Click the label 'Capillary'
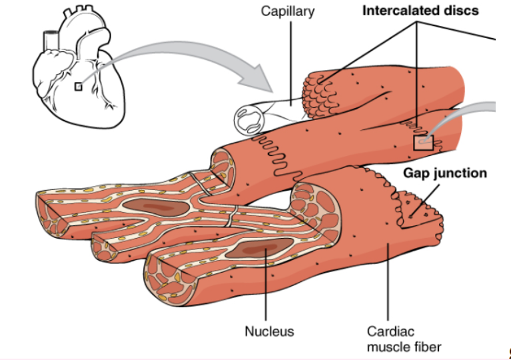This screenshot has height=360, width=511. pos(288,11)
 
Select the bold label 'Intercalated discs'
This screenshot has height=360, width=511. pos(420,11)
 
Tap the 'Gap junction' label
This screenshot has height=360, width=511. pos(444,173)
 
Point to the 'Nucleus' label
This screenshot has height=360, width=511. pos(268,331)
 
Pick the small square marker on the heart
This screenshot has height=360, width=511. pos(79,86)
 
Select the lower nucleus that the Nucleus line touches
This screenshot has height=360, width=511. pos(256,250)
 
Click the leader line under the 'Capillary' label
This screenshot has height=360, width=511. pos(290,60)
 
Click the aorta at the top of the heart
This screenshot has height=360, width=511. pos(49,40)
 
